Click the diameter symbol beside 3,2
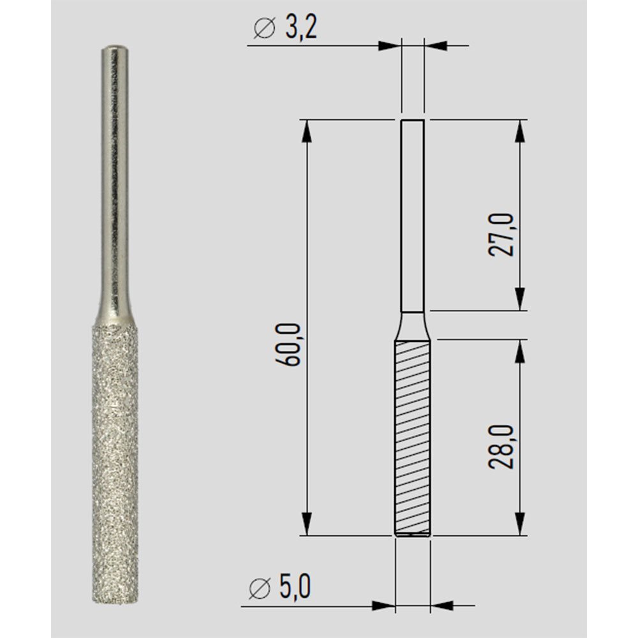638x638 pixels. (x=263, y=29)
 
